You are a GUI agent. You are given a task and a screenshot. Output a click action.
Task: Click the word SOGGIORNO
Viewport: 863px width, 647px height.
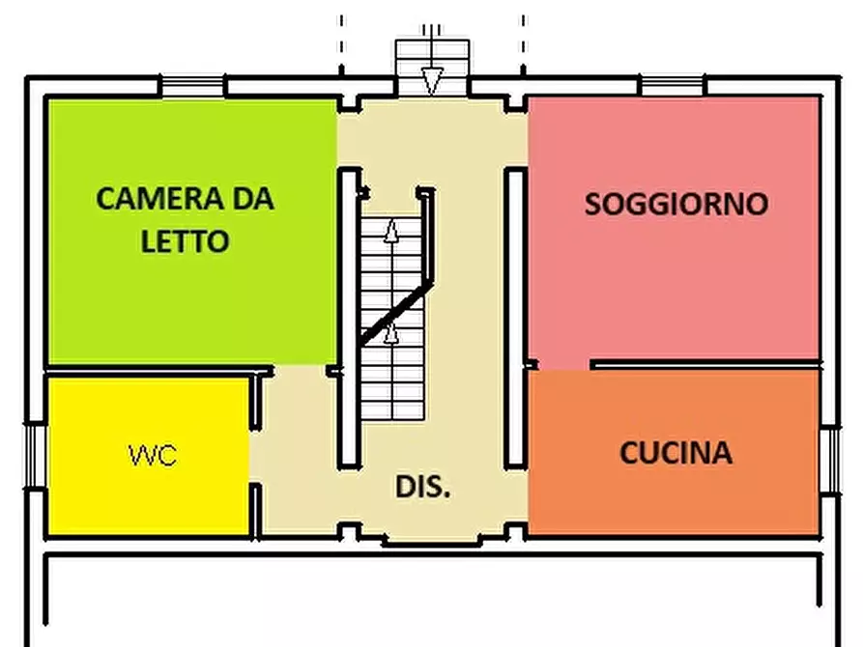676,204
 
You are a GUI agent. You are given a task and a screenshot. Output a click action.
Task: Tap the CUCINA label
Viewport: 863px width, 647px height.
676,453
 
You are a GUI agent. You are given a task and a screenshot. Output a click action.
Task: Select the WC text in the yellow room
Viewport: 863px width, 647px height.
153,455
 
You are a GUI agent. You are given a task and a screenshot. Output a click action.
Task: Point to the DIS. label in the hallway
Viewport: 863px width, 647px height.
422,487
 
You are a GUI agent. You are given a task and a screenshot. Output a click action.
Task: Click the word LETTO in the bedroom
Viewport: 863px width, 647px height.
186,240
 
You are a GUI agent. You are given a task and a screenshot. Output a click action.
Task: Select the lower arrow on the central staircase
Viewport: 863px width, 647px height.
391,333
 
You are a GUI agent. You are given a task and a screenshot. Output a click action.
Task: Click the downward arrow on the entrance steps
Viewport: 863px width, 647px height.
432,79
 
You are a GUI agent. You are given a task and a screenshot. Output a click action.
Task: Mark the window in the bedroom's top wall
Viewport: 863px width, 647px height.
193,87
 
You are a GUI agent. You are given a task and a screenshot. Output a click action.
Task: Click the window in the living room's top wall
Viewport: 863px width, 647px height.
673,87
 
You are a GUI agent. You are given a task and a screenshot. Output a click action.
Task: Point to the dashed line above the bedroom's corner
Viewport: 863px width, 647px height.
341,43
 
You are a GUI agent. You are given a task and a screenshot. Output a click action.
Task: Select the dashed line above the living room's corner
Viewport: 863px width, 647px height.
523,43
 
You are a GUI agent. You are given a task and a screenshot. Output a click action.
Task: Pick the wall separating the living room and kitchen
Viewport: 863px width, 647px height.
705,365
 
